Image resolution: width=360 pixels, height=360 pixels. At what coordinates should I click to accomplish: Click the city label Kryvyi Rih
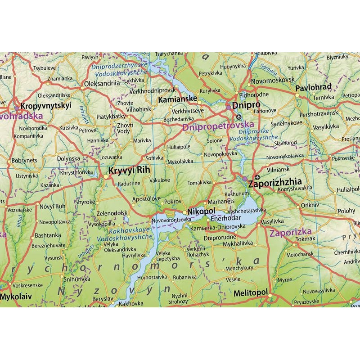[x=128, y=171]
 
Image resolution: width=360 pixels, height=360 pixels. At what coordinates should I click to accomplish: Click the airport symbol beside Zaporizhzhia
[x=257, y=176]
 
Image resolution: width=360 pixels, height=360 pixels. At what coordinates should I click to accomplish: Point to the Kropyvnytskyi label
[x=46, y=106]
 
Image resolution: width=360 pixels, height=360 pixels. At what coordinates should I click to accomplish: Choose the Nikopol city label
[x=201, y=211]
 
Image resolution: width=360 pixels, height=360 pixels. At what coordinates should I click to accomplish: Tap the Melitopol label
[x=251, y=293]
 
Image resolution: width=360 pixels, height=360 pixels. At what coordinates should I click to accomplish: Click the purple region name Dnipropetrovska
[x=218, y=127]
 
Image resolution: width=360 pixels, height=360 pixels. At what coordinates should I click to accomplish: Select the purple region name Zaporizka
[x=290, y=233]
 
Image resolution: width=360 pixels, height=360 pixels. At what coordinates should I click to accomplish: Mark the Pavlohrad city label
[x=313, y=87]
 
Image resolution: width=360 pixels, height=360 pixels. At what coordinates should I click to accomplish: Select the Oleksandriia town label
[x=102, y=83]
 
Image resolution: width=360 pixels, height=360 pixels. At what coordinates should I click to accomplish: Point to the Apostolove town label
[x=147, y=198]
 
